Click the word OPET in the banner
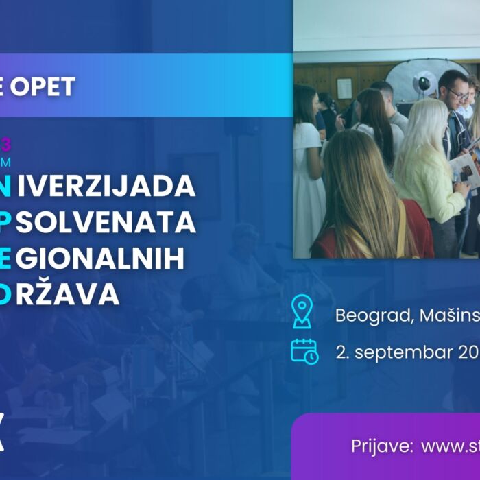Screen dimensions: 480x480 coord(46,87)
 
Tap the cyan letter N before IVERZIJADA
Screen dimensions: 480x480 coord(5,185)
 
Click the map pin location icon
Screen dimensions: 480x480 coord(302,311)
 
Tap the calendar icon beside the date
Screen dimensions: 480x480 coord(304,350)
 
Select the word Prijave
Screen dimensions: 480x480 coord(380,446)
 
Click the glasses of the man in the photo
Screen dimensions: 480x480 coord(457,94)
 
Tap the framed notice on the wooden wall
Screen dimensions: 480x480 coord(344,88)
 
